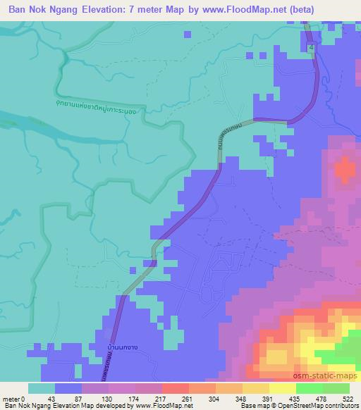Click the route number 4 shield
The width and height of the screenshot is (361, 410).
click(311, 46)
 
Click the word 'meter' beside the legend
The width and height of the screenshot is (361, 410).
click(11, 398)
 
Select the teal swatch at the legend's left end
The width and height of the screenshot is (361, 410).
click(42, 388)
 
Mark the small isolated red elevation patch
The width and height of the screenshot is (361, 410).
click(344, 169)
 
